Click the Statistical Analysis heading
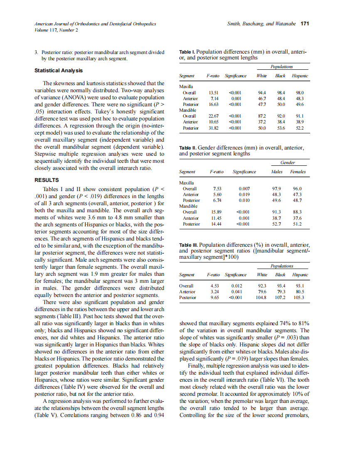(58, 71)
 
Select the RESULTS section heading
(46, 180)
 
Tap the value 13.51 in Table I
(213, 93)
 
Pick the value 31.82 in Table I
(213, 128)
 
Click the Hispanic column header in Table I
(300, 76)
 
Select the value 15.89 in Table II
(216, 212)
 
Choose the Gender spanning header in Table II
(288, 162)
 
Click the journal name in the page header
(95, 24)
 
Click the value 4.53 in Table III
(213, 286)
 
